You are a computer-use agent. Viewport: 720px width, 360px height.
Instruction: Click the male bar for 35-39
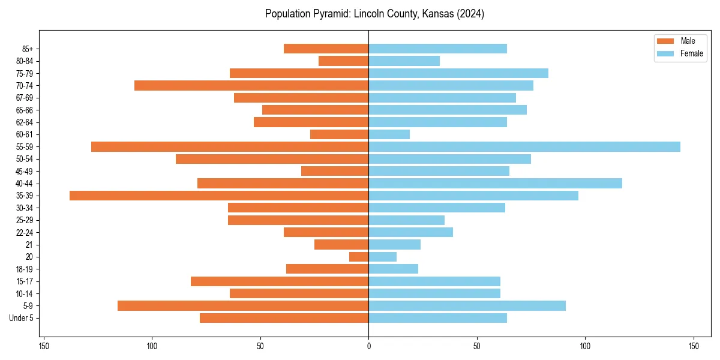219,196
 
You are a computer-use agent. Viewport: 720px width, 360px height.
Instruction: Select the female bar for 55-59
524,146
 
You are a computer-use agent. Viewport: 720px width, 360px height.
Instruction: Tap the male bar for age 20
359,257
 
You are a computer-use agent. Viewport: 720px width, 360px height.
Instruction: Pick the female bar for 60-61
389,134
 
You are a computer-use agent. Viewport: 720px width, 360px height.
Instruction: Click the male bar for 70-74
251,85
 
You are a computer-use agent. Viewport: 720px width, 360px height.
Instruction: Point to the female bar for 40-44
495,183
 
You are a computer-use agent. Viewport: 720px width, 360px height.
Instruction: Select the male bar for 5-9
243,305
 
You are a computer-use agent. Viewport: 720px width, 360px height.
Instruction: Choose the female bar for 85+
437,49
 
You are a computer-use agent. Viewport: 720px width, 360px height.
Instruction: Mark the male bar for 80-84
343,61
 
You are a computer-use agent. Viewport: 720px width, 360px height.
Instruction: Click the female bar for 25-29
406,220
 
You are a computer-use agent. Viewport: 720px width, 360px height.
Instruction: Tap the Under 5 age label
25,318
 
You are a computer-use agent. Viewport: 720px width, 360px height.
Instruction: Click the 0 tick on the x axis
368,346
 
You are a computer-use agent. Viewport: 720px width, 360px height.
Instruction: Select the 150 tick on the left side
44,346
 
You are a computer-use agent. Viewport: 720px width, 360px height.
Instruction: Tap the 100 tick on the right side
585,346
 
